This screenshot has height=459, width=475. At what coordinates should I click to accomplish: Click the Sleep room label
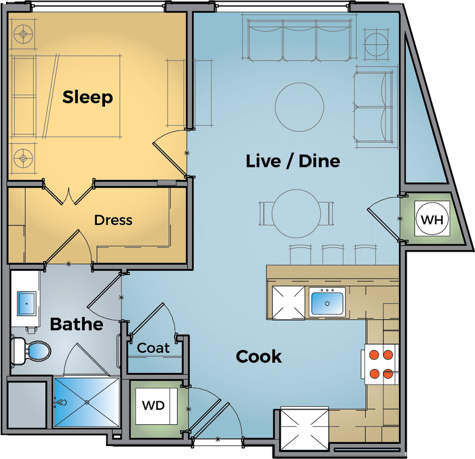tap(88, 97)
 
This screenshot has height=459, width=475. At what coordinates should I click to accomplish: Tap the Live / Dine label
tap(293, 161)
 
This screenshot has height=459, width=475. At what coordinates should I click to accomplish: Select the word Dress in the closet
tap(113, 220)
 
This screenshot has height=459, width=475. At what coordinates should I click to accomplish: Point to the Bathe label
tap(76, 325)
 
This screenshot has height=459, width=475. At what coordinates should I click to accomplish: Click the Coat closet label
tap(153, 348)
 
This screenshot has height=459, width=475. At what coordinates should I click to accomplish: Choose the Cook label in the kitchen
tap(258, 357)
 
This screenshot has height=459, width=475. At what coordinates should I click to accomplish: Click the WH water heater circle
tap(433, 220)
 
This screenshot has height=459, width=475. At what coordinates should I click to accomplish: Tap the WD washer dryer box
tap(153, 406)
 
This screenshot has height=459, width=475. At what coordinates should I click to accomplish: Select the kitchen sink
tap(327, 302)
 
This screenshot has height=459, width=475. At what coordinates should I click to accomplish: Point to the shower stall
tap(87, 402)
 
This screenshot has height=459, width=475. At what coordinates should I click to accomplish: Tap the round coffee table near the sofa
tap(299, 106)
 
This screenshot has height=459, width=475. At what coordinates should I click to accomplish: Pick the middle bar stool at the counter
tap(332, 255)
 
